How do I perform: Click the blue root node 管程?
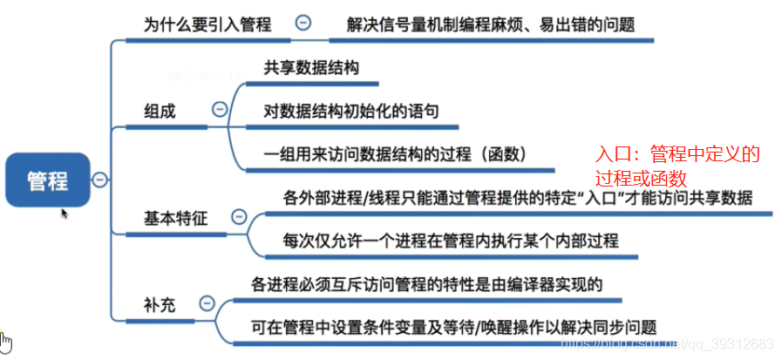[48, 180]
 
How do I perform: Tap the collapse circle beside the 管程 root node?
[100, 180]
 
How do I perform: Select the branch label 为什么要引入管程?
[207, 24]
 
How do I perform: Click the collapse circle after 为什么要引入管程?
[303, 23]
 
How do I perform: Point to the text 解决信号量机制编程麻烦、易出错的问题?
[491, 24]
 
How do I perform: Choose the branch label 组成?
[160, 112]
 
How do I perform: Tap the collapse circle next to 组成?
[220, 109]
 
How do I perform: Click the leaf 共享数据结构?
[311, 68]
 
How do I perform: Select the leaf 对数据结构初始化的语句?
[351, 112]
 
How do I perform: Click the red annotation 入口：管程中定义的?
[677, 155]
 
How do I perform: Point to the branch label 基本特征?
[175, 219]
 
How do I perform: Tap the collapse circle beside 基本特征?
[240, 216]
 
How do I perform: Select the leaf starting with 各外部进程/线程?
[517, 199]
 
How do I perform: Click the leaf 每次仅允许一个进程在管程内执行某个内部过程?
[451, 241]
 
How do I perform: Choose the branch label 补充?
[160, 305]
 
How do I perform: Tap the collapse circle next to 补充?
[207, 303]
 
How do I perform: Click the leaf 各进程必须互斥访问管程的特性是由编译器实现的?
[427, 285]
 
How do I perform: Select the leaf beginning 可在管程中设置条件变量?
[453, 328]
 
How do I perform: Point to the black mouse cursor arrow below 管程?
[65, 214]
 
